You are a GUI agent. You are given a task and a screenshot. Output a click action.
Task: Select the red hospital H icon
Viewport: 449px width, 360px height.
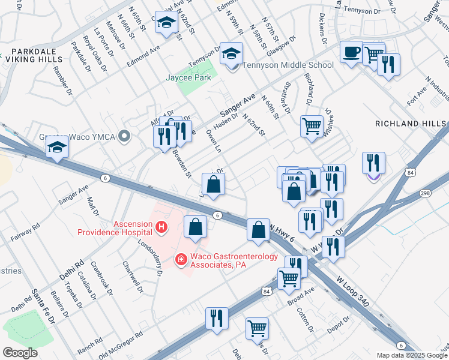[161, 227]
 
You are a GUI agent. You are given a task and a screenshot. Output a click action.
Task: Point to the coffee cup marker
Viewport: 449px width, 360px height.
[351, 52]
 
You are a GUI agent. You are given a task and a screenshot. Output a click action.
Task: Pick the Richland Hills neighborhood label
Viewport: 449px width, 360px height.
[411, 123]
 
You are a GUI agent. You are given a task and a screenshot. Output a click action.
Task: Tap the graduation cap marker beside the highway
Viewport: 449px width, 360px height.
[57, 148]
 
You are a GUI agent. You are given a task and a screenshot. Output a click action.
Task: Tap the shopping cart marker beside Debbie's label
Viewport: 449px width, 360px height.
[258, 328]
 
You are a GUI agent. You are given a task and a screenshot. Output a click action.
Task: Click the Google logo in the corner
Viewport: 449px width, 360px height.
[19, 353]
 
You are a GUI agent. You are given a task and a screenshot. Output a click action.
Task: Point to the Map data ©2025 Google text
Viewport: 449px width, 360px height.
[412, 355]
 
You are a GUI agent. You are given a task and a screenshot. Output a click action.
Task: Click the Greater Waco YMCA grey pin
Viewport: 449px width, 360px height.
[125, 137]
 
